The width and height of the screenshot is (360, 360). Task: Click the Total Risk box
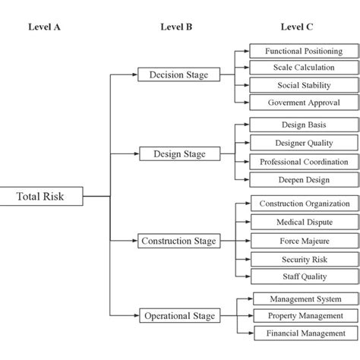point(41,197)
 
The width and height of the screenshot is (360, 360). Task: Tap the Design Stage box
point(179,153)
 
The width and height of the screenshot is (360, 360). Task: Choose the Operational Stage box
point(179,315)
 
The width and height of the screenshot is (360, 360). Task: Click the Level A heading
point(44,27)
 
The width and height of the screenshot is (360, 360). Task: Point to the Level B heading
point(177,27)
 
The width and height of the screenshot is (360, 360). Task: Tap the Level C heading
point(297,27)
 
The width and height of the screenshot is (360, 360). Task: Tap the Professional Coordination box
point(304,161)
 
